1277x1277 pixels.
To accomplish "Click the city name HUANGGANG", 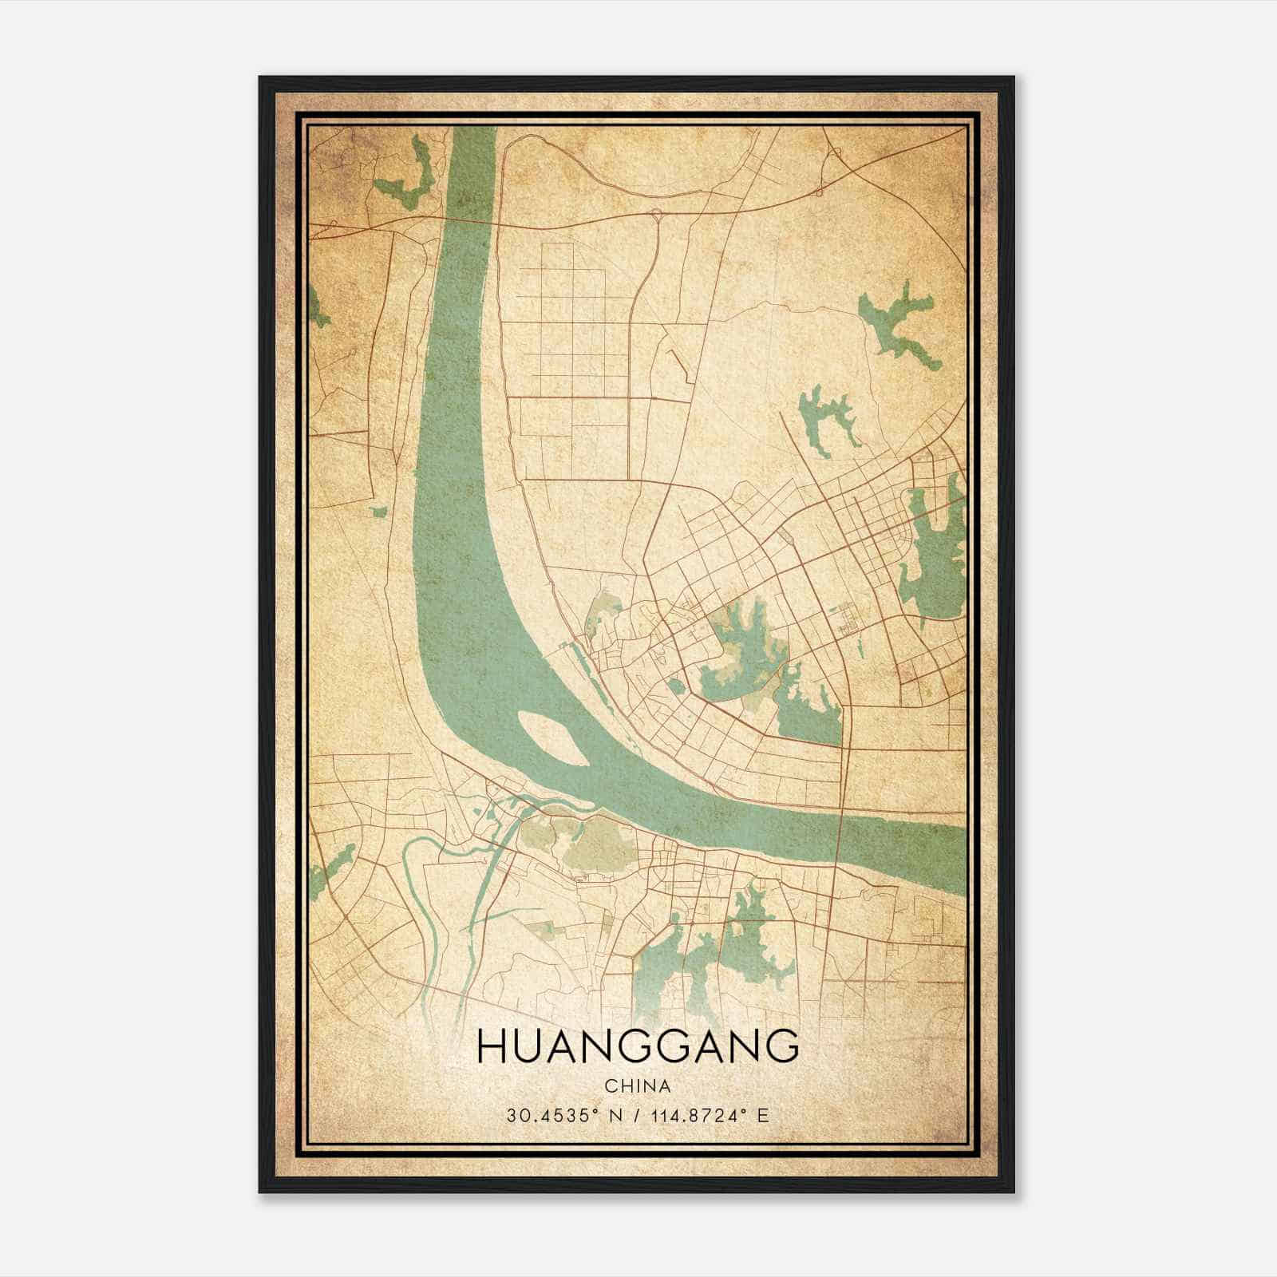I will click(637, 1046).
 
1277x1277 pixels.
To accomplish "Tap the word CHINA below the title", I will click(637, 1086).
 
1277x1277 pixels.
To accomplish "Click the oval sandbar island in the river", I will click(554, 737).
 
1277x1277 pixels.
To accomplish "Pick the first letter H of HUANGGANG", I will click(489, 1046).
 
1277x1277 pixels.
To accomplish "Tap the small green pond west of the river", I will click(378, 510).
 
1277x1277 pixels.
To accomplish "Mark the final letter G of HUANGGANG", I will click(784, 1046).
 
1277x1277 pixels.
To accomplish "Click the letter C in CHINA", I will click(610, 1086).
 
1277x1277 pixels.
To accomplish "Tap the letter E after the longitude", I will click(764, 1115).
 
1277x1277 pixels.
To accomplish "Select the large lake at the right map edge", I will click(936, 551).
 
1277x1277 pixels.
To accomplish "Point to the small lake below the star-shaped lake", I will click(826, 419).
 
